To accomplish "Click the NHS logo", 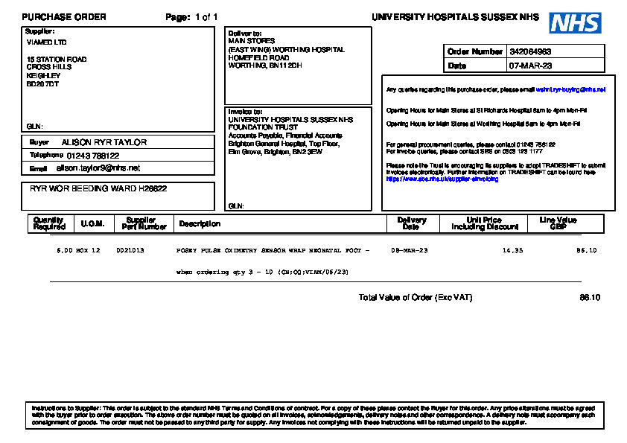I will [x=575, y=22].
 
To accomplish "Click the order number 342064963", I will [x=530, y=52].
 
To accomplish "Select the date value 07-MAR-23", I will [x=530, y=66].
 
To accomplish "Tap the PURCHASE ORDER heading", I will [x=64, y=17].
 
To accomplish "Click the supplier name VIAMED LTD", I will [x=46, y=42].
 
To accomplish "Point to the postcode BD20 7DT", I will [x=42, y=83].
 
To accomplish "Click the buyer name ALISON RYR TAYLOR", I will [x=104, y=142].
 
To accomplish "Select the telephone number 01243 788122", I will [x=93, y=156].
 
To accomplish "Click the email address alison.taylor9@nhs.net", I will [x=98, y=168].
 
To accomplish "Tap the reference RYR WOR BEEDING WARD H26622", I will [x=98, y=189].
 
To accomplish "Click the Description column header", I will [x=200, y=223].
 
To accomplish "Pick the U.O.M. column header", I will [x=92, y=223].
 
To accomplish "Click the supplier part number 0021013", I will [x=130, y=251].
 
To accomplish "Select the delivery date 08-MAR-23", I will [x=410, y=251].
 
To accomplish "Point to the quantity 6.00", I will [x=64, y=251].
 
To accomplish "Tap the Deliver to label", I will [x=245, y=34].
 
